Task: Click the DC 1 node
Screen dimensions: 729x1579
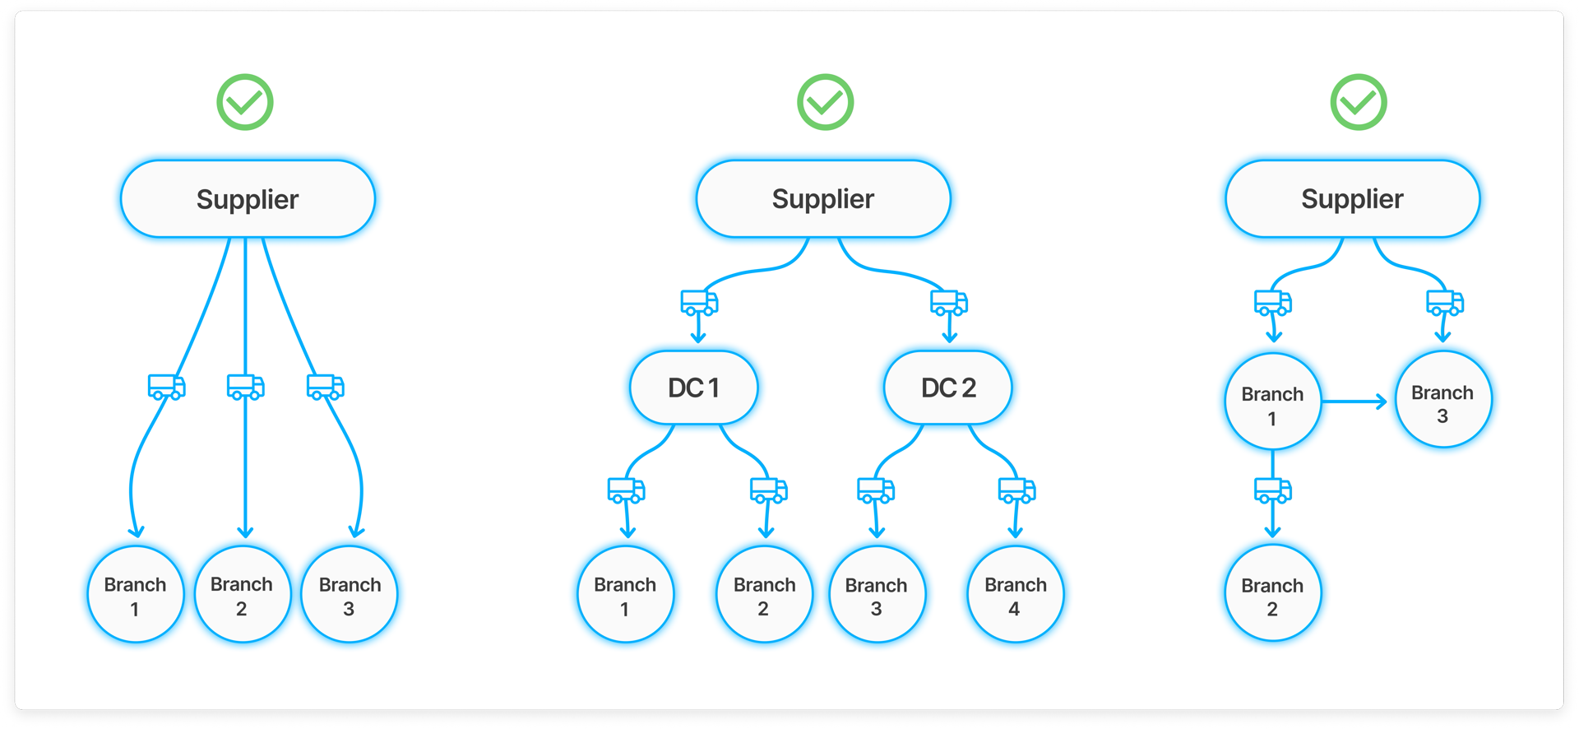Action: click(x=693, y=388)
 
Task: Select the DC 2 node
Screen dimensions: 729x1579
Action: click(x=947, y=388)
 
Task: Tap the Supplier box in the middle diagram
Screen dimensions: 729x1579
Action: click(x=823, y=199)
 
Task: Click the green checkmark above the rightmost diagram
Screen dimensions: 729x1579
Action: click(x=1359, y=103)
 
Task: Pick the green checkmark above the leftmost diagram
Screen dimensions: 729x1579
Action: click(x=245, y=103)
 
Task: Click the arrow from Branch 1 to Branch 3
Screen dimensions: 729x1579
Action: click(x=1354, y=402)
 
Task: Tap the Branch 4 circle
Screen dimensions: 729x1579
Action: click(x=1015, y=595)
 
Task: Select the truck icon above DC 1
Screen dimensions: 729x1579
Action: click(x=699, y=303)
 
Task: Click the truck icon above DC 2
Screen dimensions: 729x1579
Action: click(x=948, y=303)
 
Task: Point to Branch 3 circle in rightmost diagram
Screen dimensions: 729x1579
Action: click(x=1442, y=401)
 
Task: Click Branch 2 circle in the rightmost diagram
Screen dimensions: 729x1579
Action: click(x=1272, y=594)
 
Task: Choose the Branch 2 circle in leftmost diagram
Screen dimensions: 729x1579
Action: click(x=242, y=595)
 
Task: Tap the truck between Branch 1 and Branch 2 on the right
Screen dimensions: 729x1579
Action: click(x=1272, y=491)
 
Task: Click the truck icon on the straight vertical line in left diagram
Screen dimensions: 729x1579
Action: click(x=245, y=387)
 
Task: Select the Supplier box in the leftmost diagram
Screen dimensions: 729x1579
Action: click(x=248, y=199)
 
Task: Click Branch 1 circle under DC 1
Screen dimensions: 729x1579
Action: click(x=625, y=595)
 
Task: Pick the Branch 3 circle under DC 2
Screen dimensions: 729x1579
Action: click(x=877, y=595)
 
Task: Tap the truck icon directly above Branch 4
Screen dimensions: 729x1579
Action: click(x=1016, y=490)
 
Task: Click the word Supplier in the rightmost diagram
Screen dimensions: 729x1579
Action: click(x=1352, y=199)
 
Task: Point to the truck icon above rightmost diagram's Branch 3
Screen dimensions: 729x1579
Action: click(x=1444, y=303)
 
